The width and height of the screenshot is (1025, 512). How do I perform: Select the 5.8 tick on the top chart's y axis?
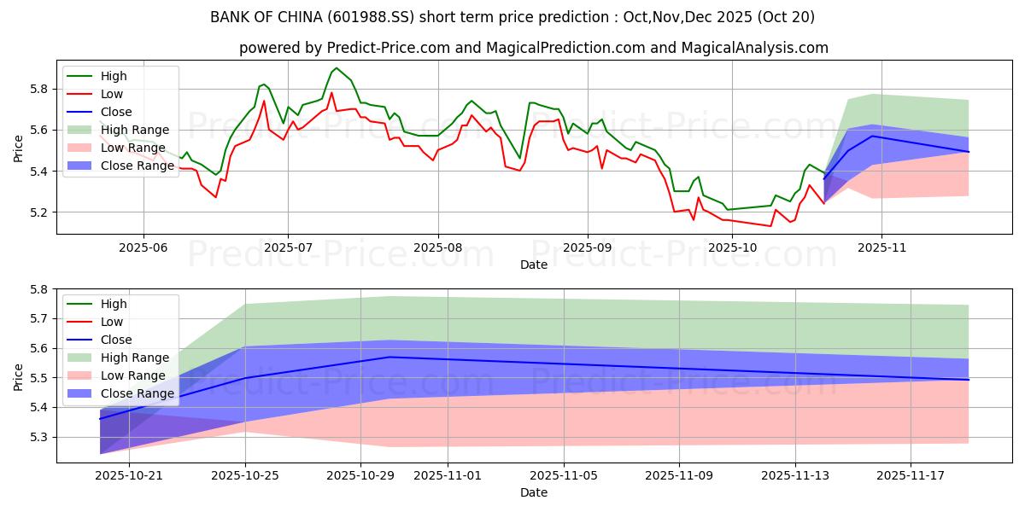click(x=38, y=89)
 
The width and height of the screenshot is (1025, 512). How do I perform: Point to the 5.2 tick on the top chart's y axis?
click(x=38, y=212)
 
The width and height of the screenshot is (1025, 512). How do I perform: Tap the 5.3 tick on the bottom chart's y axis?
click(x=38, y=437)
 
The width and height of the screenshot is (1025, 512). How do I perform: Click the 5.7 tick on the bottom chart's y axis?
click(x=38, y=318)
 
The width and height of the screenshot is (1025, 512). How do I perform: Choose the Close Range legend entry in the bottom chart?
click(x=138, y=393)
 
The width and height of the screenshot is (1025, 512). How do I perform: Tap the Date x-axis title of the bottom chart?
click(x=534, y=492)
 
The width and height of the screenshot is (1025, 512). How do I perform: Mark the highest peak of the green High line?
click(x=337, y=67)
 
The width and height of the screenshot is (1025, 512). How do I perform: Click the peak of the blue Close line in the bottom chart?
click(x=389, y=357)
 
